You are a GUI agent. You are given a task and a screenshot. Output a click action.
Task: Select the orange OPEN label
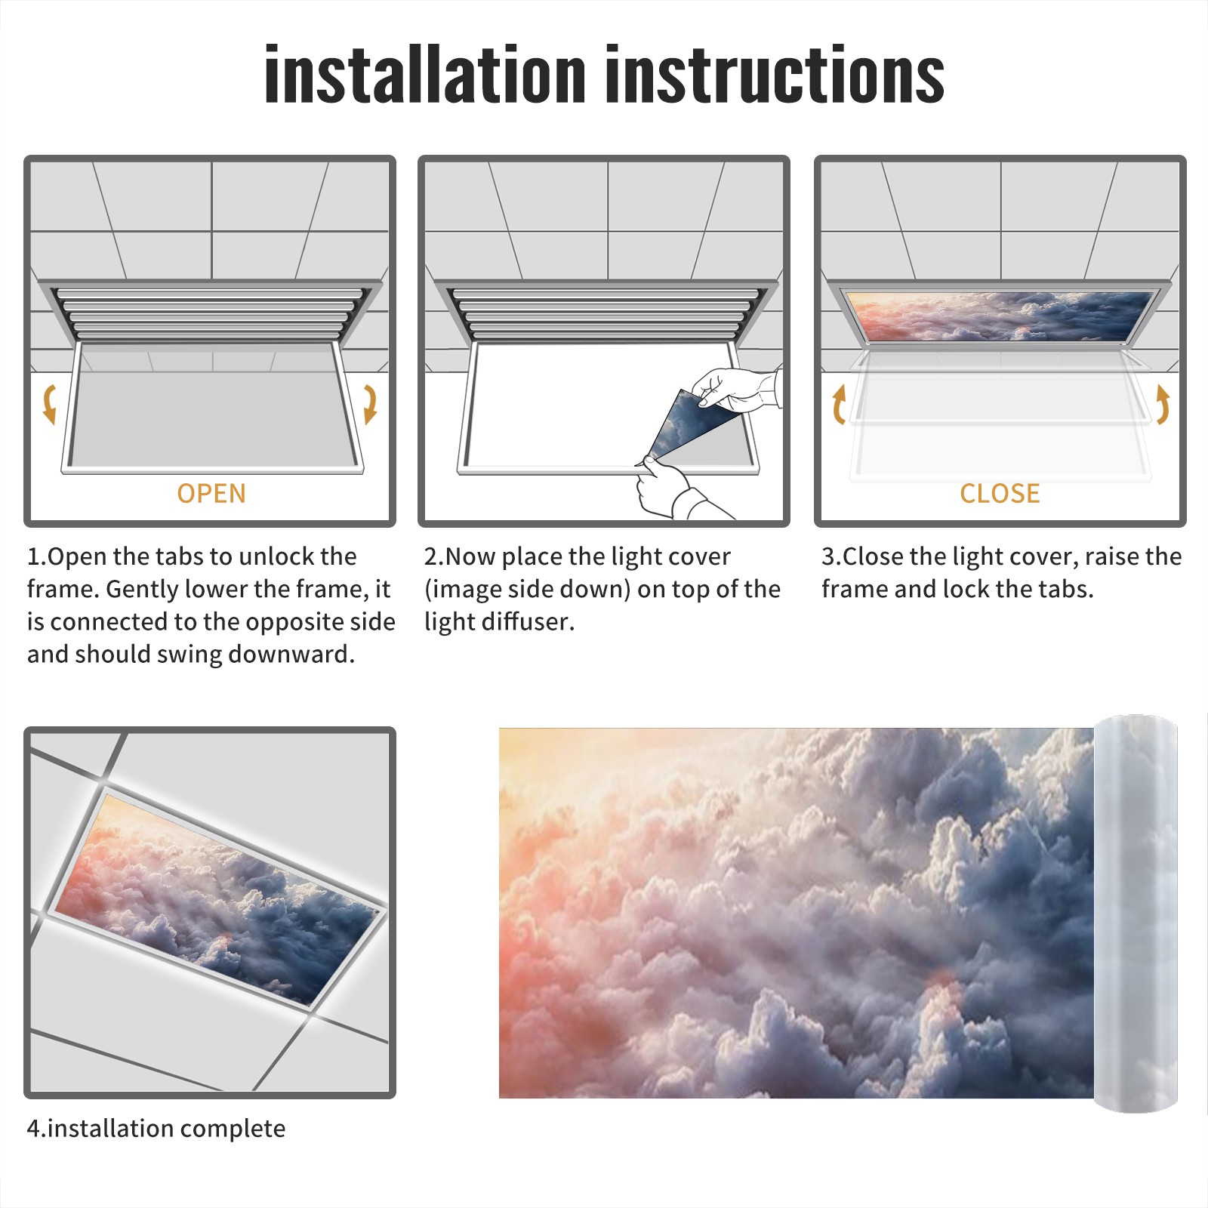tap(211, 493)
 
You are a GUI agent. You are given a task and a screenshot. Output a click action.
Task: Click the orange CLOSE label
tap(1000, 493)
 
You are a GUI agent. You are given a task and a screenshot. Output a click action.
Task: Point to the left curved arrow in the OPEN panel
tap(49, 404)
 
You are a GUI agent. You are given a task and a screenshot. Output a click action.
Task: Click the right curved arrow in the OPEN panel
tap(370, 404)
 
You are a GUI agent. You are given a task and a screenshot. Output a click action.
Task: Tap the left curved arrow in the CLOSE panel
tap(839, 404)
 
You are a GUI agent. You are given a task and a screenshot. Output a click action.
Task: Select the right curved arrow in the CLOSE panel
tap(1163, 404)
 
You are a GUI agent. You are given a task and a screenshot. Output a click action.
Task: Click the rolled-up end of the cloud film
tap(1136, 914)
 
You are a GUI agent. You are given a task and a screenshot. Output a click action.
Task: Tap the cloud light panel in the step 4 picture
tap(219, 898)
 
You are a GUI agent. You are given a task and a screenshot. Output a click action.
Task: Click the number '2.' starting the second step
tap(434, 557)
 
